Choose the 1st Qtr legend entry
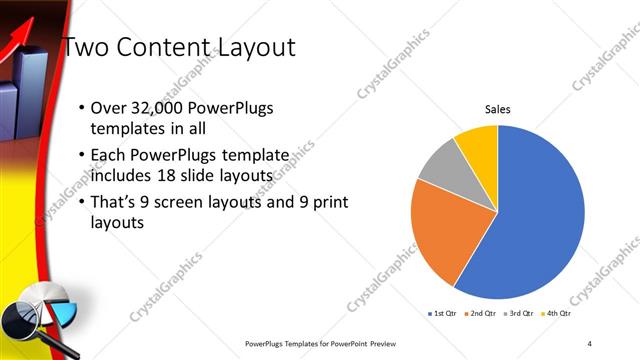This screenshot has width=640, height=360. pyautogui.click(x=443, y=313)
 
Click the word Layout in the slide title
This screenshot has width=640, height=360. pyautogui.click(x=250, y=47)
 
